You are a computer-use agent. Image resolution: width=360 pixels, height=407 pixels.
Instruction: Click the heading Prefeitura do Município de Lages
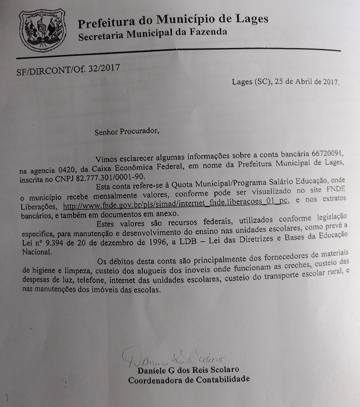coord(173,21)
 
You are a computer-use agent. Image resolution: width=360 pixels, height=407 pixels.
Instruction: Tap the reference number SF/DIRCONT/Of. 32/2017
coord(69,70)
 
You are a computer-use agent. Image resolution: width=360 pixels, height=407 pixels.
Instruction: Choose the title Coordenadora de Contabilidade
coord(189,381)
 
